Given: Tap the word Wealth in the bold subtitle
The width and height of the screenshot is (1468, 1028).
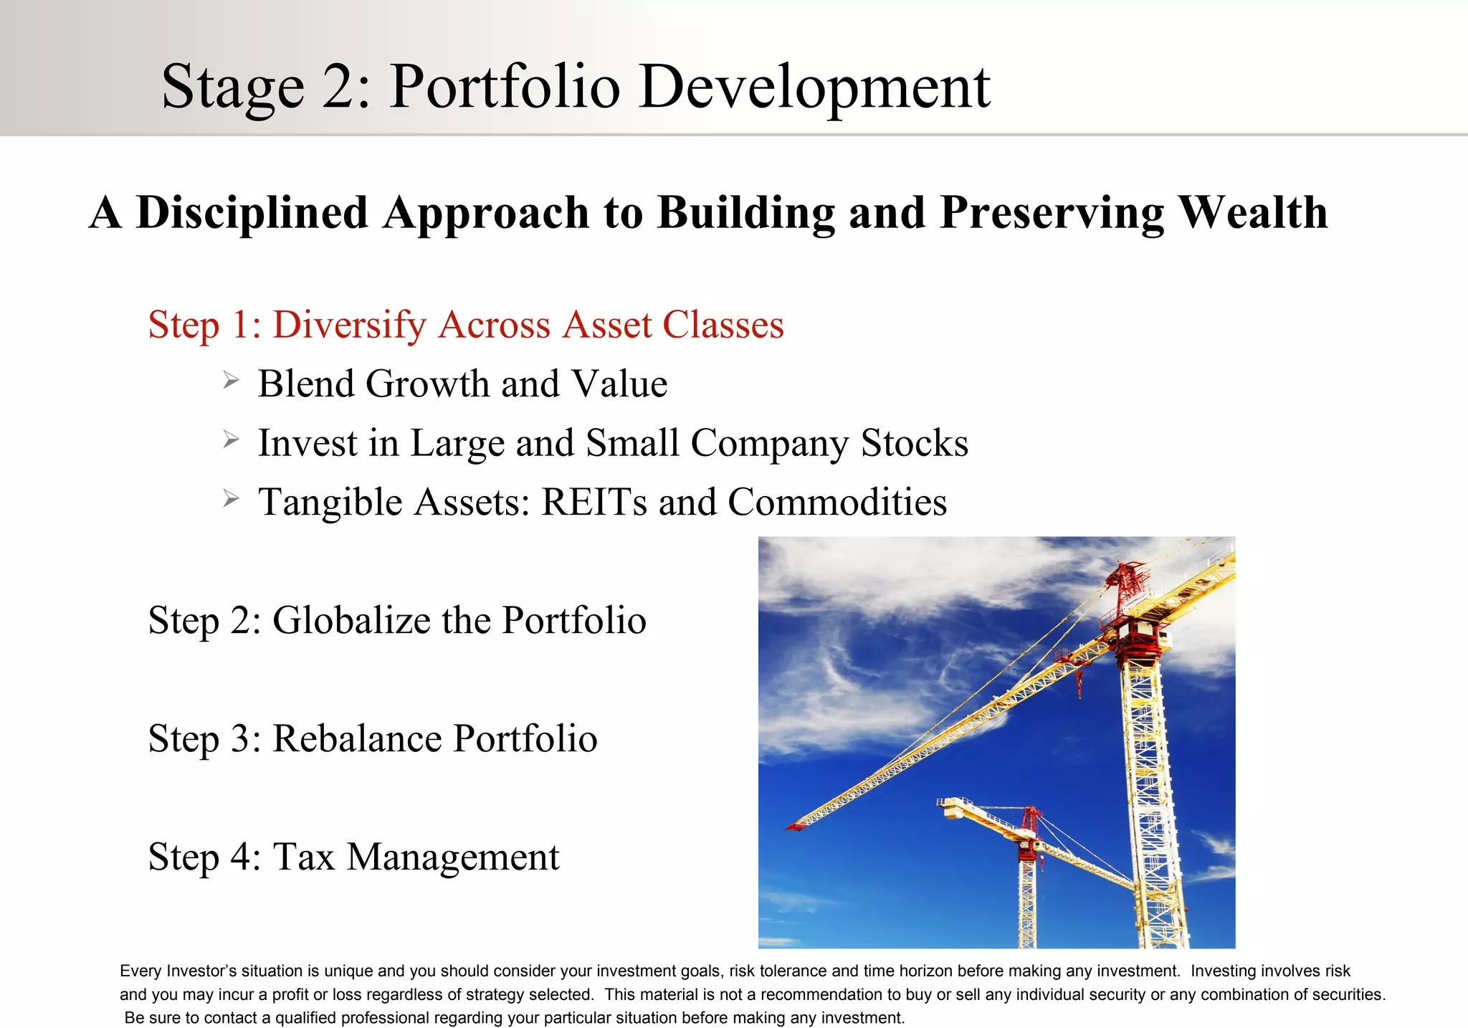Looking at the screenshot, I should [1253, 213].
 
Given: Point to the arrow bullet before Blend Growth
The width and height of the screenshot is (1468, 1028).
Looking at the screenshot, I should [230, 380].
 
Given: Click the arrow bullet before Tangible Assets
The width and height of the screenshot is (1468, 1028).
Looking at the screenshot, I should [230, 498].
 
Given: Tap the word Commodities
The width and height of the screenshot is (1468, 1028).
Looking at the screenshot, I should [837, 502].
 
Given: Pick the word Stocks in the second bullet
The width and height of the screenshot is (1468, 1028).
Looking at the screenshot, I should [914, 443].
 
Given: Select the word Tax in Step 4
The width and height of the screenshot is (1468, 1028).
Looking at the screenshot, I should [304, 857].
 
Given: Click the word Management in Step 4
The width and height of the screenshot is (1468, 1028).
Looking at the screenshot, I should [453, 857].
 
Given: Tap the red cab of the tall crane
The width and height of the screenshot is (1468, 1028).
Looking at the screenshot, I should [1138, 634].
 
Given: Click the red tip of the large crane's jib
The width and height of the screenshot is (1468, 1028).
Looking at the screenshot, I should [794, 827].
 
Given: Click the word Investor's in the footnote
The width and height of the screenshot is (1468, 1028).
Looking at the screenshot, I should [199, 971].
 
